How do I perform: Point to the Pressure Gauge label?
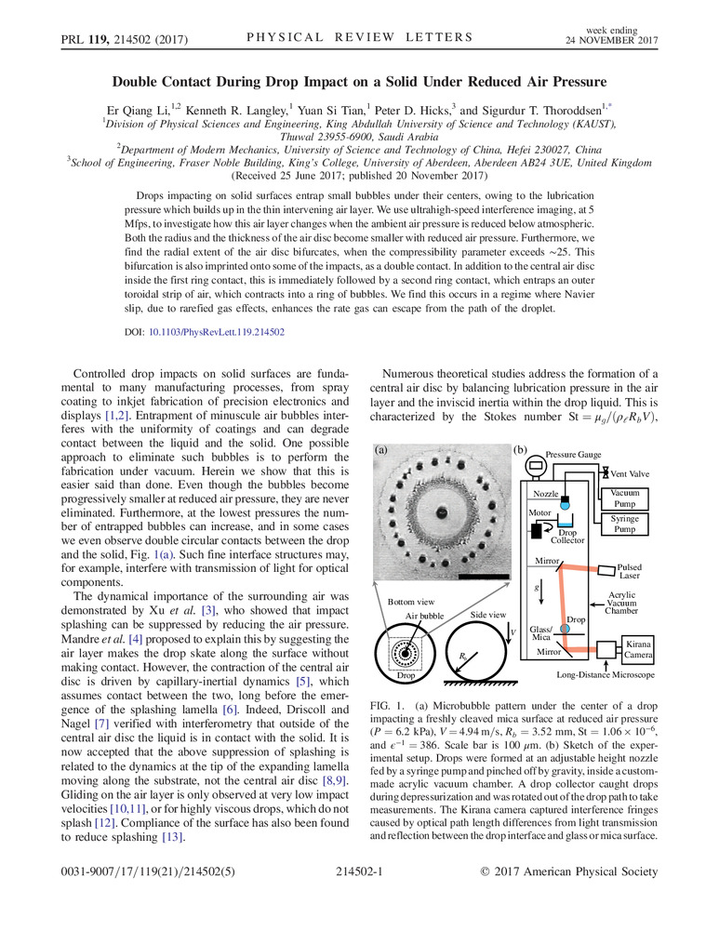574,456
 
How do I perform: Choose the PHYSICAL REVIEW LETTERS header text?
359,37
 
